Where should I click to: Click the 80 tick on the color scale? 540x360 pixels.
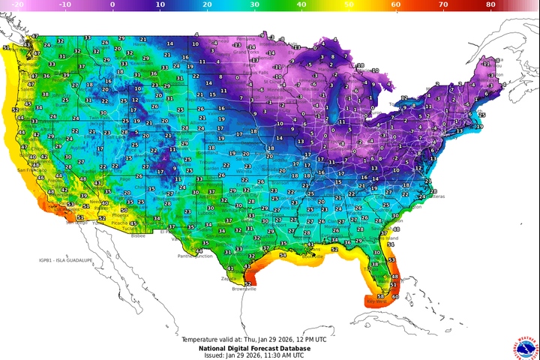(490, 5)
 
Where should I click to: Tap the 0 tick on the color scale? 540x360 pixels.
(112, 5)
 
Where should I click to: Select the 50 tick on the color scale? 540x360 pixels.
(348, 5)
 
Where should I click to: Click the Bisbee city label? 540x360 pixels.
(137, 235)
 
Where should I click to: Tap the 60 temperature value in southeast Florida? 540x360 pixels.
(395, 296)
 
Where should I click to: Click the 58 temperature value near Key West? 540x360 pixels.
(380, 296)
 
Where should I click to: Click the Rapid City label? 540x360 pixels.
(196, 98)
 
